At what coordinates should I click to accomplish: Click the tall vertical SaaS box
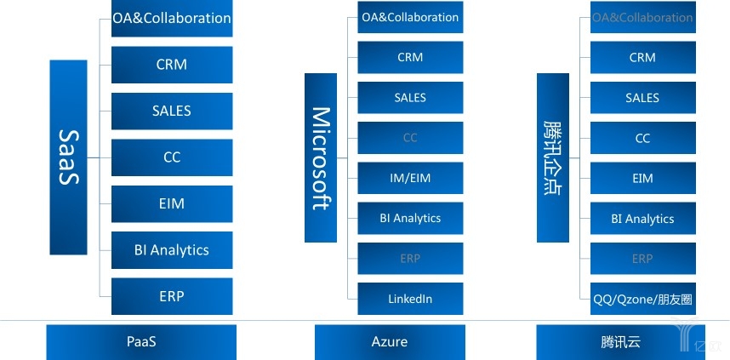69,157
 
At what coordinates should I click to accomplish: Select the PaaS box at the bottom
141,342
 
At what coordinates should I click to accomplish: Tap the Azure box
390,342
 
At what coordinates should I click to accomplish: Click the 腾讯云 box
620,342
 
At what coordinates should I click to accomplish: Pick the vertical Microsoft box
321,157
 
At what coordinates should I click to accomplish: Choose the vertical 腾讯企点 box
552,157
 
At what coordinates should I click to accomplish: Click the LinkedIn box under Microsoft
410,299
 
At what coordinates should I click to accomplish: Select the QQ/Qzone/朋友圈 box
643,299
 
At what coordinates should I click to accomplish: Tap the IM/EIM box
410,178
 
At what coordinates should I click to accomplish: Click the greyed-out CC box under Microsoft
410,138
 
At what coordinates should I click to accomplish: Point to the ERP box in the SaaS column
172,296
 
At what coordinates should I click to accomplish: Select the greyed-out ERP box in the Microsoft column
410,259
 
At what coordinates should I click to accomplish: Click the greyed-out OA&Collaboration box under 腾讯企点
643,18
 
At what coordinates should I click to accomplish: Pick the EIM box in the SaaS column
172,203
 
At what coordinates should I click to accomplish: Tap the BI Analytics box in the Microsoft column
410,219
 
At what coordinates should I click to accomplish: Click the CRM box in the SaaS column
172,65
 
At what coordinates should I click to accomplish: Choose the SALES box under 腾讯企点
643,98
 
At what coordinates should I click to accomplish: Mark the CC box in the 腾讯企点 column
643,138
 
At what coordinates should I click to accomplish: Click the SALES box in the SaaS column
172,111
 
